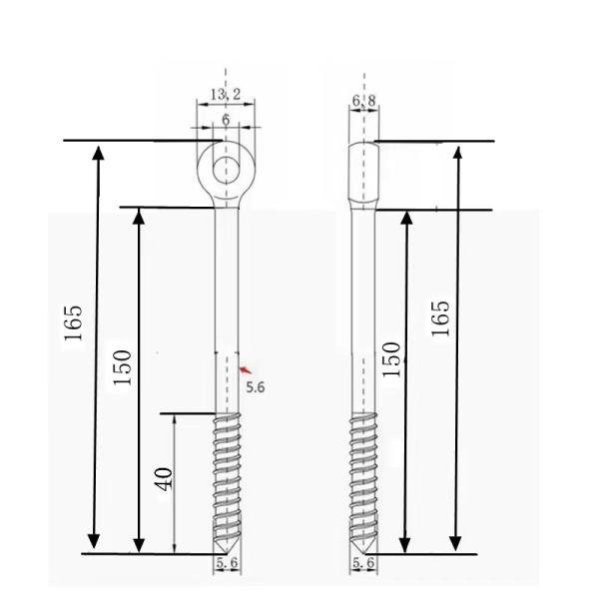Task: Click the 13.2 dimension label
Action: [x=226, y=95]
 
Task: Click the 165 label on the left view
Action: [x=74, y=322]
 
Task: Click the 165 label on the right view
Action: [x=441, y=317]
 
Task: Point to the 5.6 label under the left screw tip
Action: [x=227, y=564]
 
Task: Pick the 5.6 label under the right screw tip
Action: [x=364, y=565]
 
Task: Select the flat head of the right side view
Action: [x=364, y=172]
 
